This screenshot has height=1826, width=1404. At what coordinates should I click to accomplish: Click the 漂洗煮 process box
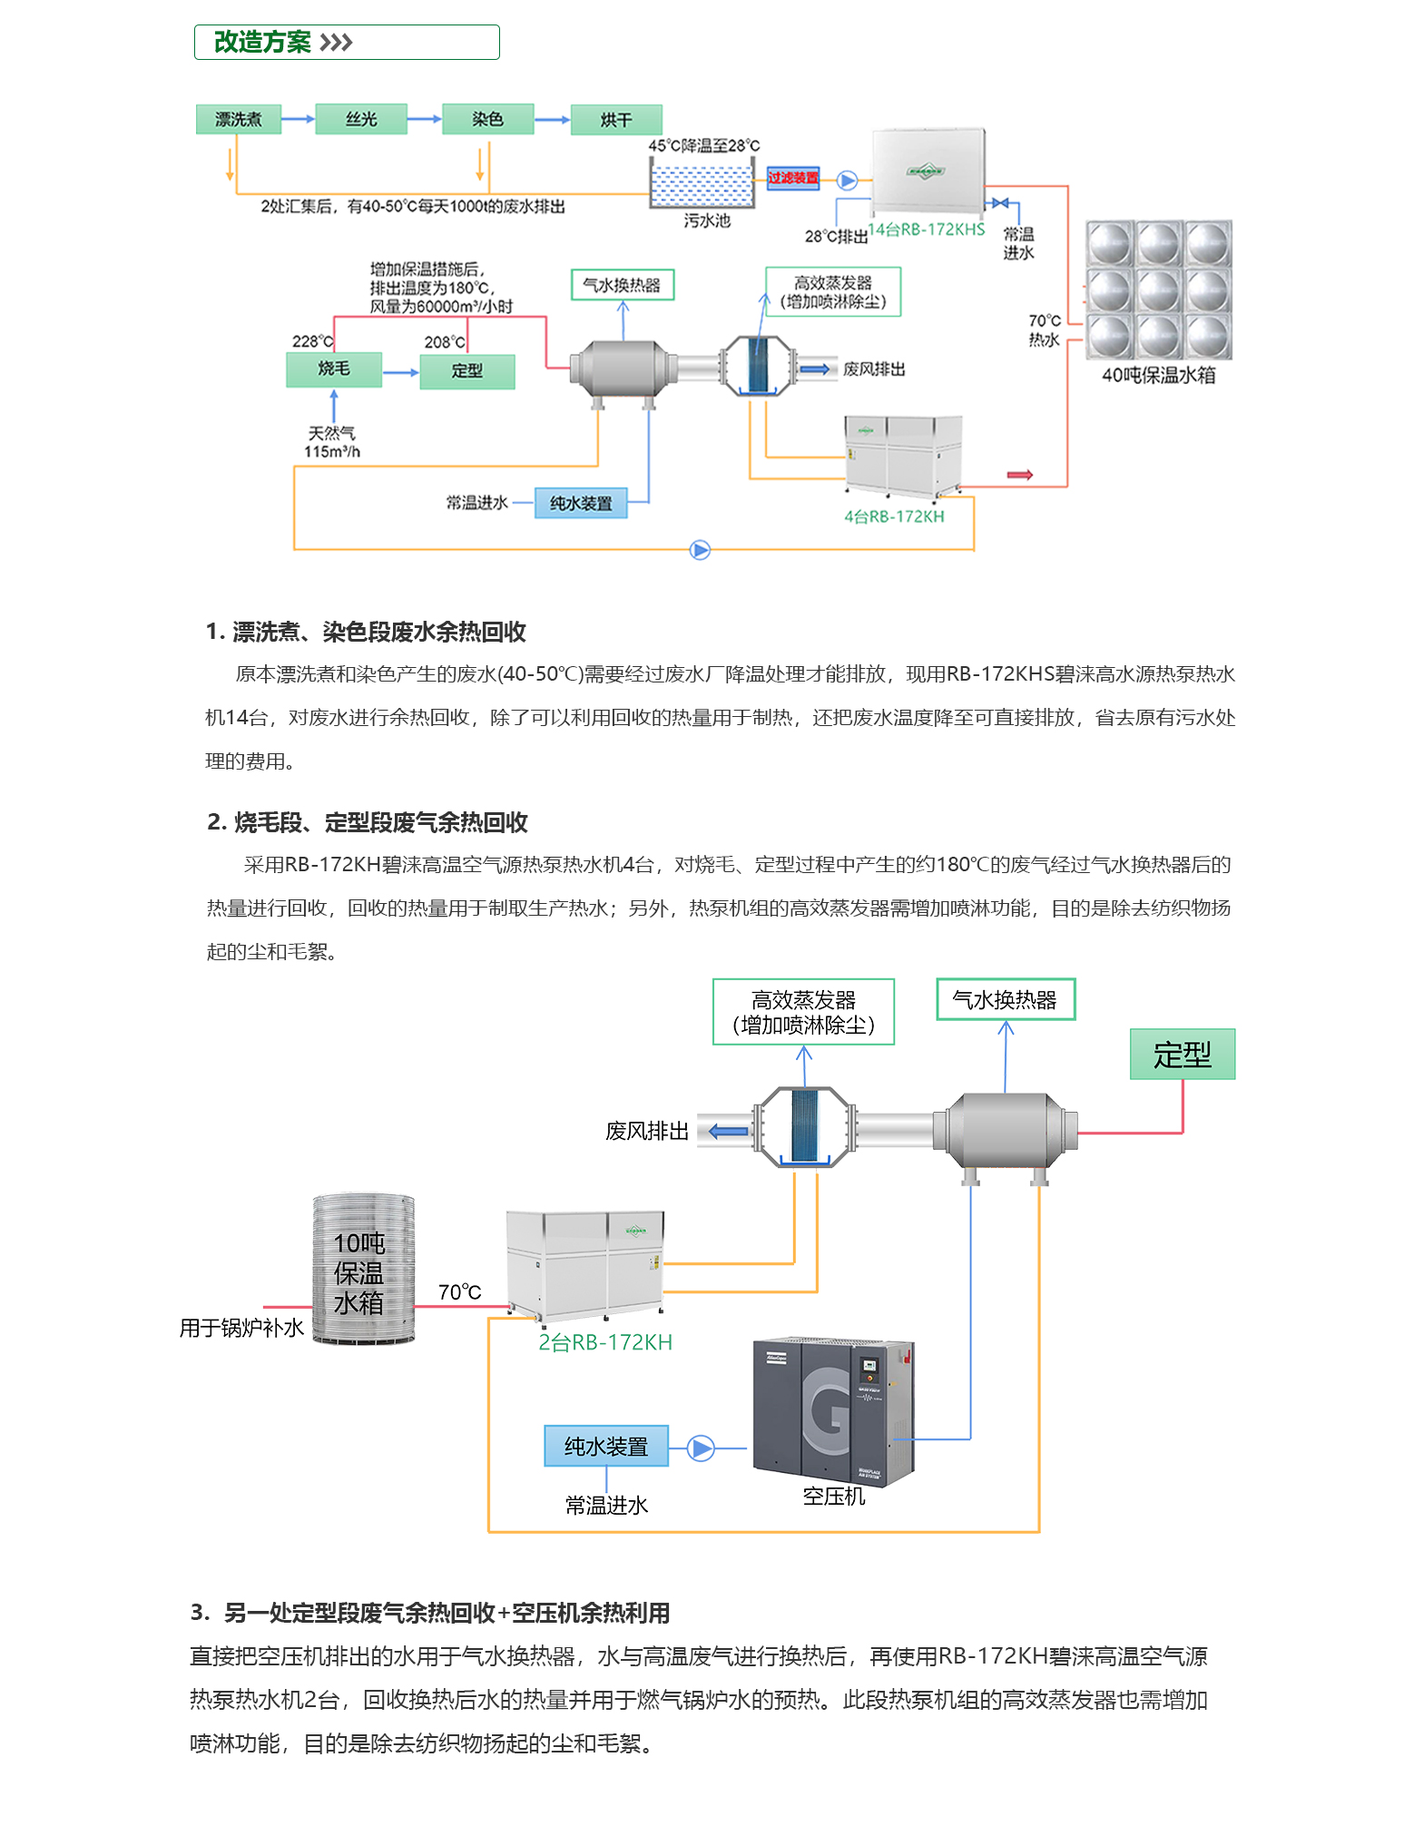pyautogui.click(x=238, y=120)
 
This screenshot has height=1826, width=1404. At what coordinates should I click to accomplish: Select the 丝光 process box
pyautogui.click(x=360, y=120)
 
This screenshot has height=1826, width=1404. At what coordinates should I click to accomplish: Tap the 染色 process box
pyautogui.click(x=487, y=120)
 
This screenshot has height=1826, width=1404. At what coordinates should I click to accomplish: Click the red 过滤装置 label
pyautogui.click(x=792, y=178)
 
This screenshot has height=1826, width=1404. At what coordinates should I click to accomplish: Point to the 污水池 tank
pyautogui.click(x=702, y=183)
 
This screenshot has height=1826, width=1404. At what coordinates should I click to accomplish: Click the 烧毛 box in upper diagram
pyautogui.click(x=333, y=369)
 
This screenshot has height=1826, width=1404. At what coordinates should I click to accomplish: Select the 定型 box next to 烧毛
pyautogui.click(x=466, y=371)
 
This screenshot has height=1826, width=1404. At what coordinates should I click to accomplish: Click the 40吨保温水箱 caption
pyautogui.click(x=1158, y=376)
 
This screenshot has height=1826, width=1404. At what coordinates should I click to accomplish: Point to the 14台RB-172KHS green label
pyautogui.click(x=926, y=230)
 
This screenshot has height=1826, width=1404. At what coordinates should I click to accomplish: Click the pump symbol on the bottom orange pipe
pyautogui.click(x=700, y=550)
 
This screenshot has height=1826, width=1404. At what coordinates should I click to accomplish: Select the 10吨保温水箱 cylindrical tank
pyautogui.click(x=363, y=1269)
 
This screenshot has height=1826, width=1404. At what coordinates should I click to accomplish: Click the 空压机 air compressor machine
pyautogui.click(x=833, y=1410)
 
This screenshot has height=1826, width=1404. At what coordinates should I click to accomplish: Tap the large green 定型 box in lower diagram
pyautogui.click(x=1182, y=1055)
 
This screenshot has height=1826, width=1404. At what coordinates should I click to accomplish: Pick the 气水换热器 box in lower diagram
pyautogui.click(x=1005, y=1000)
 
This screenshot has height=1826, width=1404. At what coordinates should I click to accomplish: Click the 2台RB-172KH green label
pyautogui.click(x=605, y=1342)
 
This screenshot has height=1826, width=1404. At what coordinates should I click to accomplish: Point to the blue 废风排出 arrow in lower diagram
pyautogui.click(x=728, y=1132)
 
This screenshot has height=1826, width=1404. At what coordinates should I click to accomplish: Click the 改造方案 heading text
pyautogui.click(x=262, y=43)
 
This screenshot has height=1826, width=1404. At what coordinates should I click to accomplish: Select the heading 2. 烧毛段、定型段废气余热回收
pyautogui.click(x=368, y=822)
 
